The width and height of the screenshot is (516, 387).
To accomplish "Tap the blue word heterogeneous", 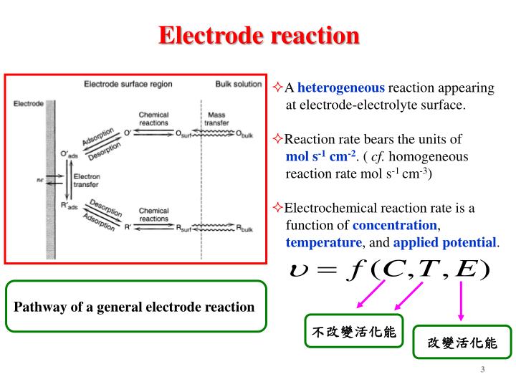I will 341,88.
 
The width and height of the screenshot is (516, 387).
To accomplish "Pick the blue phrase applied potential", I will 444,242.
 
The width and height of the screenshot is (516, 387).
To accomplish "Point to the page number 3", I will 482,370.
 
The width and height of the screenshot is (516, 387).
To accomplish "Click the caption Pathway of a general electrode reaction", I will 135,307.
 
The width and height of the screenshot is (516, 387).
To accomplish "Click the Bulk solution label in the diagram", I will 239,84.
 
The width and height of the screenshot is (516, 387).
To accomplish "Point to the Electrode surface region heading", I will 128,84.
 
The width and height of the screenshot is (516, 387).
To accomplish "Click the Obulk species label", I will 244,133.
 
